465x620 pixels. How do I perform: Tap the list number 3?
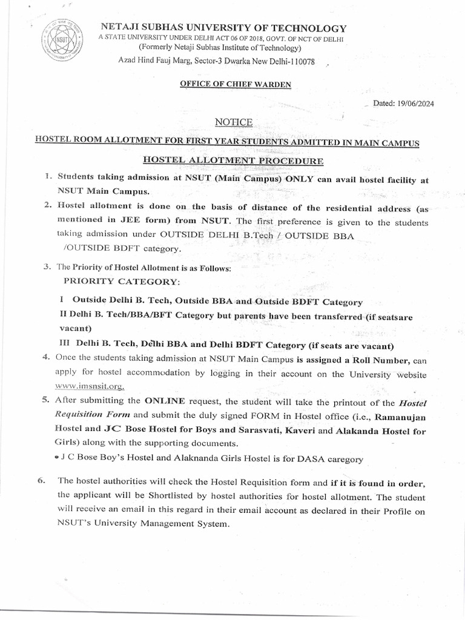[x=46, y=266]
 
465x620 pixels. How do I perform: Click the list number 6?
[x=41, y=481]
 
